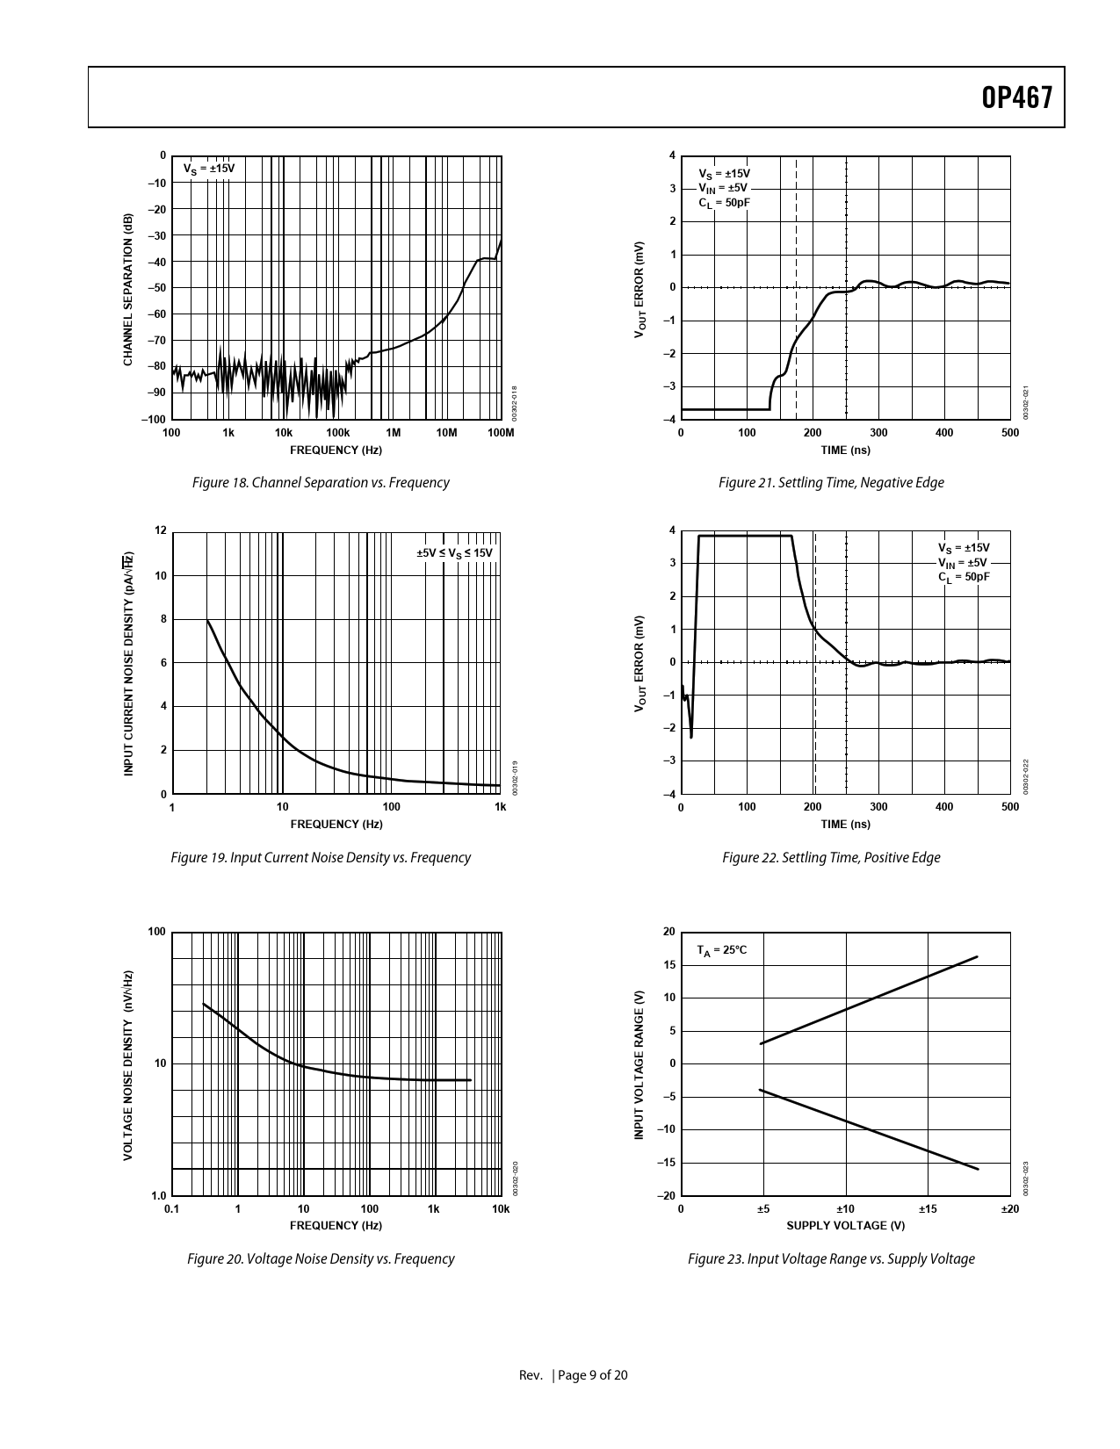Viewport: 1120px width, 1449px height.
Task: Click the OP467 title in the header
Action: pyautogui.click(x=1016, y=98)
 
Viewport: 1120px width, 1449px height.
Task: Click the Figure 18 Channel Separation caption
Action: pyautogui.click(x=321, y=482)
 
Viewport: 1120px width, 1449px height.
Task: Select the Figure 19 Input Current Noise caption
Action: pyautogui.click(x=321, y=857)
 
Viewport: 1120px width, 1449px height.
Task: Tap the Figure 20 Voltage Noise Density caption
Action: pyautogui.click(x=321, y=1258)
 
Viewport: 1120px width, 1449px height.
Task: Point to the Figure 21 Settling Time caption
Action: pyautogui.click(x=831, y=482)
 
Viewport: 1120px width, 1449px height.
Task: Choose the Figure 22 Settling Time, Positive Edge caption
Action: pyautogui.click(x=831, y=857)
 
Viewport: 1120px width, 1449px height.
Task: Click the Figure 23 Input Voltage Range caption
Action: pyautogui.click(x=831, y=1258)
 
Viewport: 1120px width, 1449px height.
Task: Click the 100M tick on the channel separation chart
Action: pyautogui.click(x=500, y=432)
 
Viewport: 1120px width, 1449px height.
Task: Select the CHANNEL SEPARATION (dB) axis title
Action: pyautogui.click(x=128, y=289)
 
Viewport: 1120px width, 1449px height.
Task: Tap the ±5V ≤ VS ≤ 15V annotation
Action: pyautogui.click(x=454, y=552)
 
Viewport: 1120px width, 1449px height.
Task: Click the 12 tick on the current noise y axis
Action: pyautogui.click(x=160, y=530)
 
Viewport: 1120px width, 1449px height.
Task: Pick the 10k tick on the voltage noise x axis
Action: pyautogui.click(x=500, y=1208)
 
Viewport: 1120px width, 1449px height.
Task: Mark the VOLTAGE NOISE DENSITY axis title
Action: pyautogui.click(x=128, y=1064)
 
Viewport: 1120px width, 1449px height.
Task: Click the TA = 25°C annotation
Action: pyautogui.click(x=721, y=950)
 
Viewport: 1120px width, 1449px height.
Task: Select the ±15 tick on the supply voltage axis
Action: pyautogui.click(x=928, y=1208)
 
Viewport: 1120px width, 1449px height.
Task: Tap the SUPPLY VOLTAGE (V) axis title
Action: pyautogui.click(x=845, y=1225)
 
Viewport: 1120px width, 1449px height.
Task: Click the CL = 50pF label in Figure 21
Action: pyautogui.click(x=724, y=203)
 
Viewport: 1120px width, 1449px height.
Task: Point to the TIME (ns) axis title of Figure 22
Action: pyautogui.click(x=845, y=824)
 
